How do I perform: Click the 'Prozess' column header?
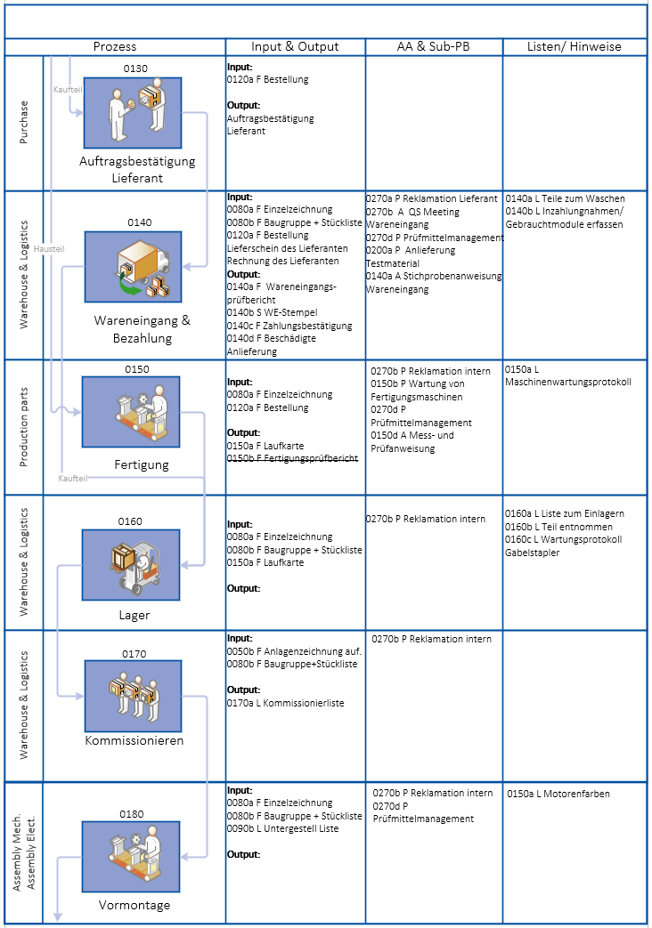[115, 46]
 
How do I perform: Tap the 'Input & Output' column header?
[295, 46]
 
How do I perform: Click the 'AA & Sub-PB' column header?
[433, 46]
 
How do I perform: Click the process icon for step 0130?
[133, 113]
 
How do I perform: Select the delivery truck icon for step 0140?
[133, 267]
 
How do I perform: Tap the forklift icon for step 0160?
[131, 565]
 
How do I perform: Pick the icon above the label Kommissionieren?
[133, 695]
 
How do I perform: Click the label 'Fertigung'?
[141, 464]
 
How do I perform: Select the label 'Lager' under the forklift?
[134, 615]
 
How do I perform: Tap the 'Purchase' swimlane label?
[24, 123]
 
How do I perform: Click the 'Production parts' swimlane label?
[24, 427]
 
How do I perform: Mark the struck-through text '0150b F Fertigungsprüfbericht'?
[292, 458]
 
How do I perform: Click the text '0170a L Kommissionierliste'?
[285, 703]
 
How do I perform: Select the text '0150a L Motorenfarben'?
[558, 794]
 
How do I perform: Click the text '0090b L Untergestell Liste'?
[282, 829]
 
